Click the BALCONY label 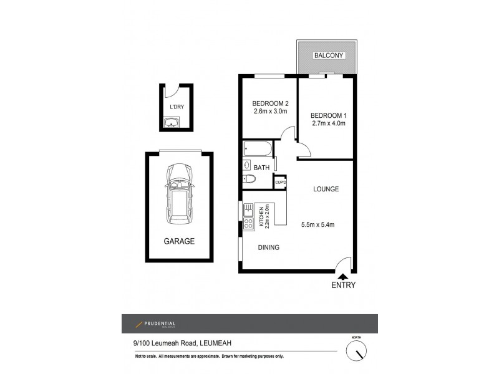click(328, 55)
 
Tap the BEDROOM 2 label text click(269, 103)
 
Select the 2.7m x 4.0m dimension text click(328, 123)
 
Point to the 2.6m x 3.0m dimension click(269, 112)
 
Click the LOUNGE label click(326, 189)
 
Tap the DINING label click(269, 247)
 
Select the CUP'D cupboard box click(280, 182)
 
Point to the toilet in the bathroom click(248, 180)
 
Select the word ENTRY click(343, 285)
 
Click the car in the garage click(179, 196)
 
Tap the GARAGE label click(179, 241)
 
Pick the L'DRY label click(177, 107)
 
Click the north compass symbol click(357, 352)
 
